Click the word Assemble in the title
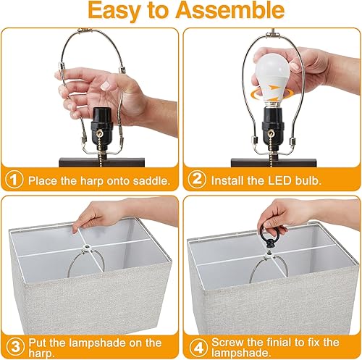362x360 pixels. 232,12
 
